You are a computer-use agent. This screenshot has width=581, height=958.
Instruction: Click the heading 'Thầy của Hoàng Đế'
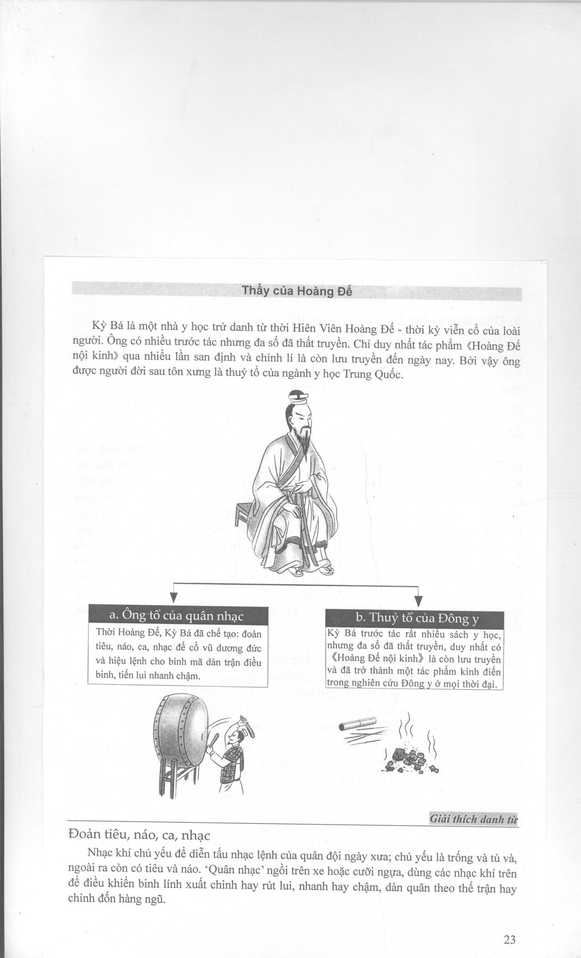pyautogui.click(x=297, y=291)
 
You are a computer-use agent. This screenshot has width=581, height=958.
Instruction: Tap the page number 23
pyautogui.click(x=509, y=939)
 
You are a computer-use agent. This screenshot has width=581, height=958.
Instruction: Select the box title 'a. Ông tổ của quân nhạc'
pyautogui.click(x=177, y=615)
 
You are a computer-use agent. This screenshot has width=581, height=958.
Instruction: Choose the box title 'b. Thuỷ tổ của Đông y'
pyautogui.click(x=414, y=618)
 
